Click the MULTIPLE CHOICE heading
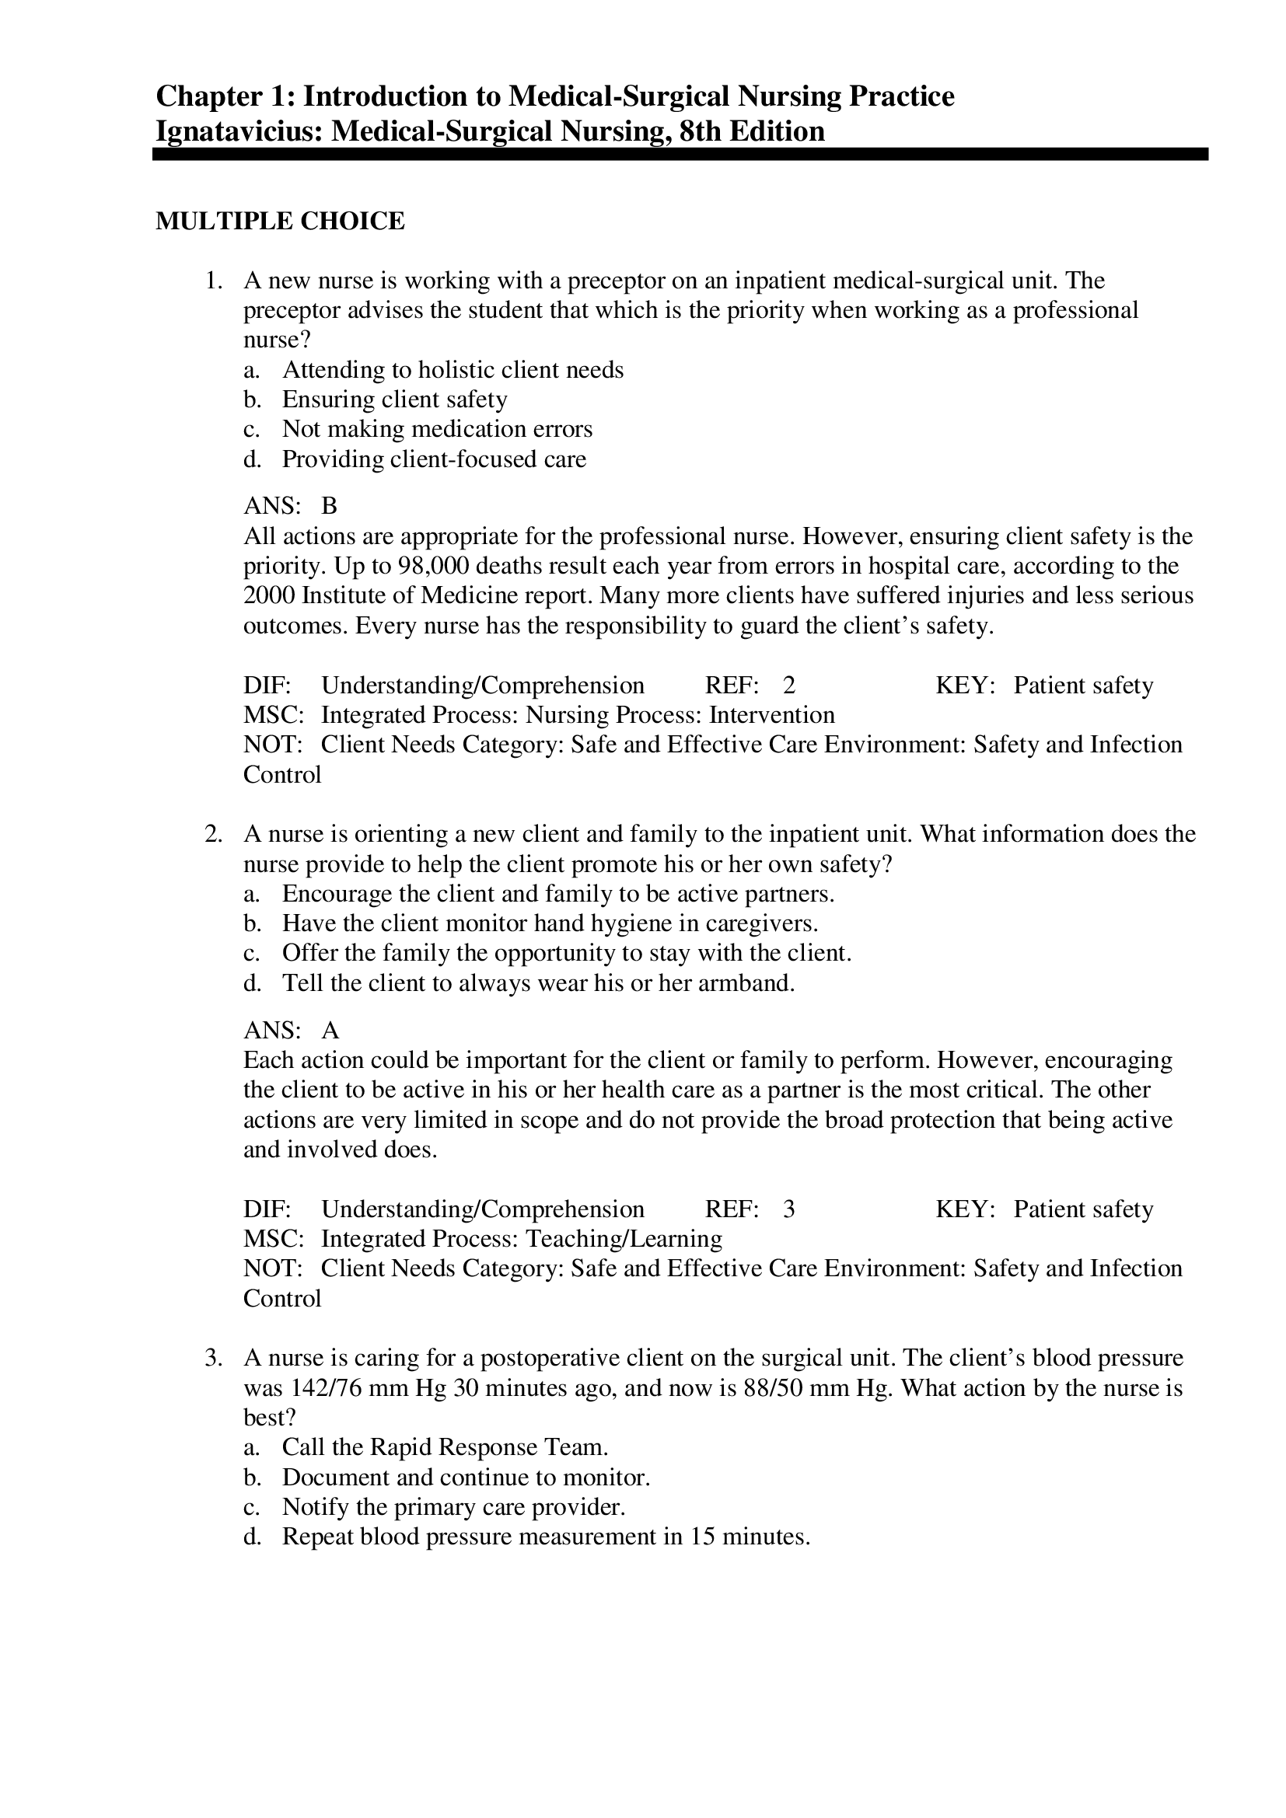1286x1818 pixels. tap(280, 221)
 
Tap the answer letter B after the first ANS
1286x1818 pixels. tap(329, 505)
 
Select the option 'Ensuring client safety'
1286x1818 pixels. tap(394, 399)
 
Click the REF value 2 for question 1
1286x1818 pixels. tap(788, 685)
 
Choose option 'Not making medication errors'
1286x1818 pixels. tap(437, 429)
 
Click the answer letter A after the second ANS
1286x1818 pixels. tap(330, 1030)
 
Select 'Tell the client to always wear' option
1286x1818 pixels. tap(538, 983)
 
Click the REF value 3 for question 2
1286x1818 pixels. tap(788, 1209)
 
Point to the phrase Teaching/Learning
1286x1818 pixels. tap(624, 1238)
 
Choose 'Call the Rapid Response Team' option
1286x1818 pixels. tap(445, 1447)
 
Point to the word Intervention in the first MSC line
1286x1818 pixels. tap(771, 715)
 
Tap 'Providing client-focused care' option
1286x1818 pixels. tap(434, 459)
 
